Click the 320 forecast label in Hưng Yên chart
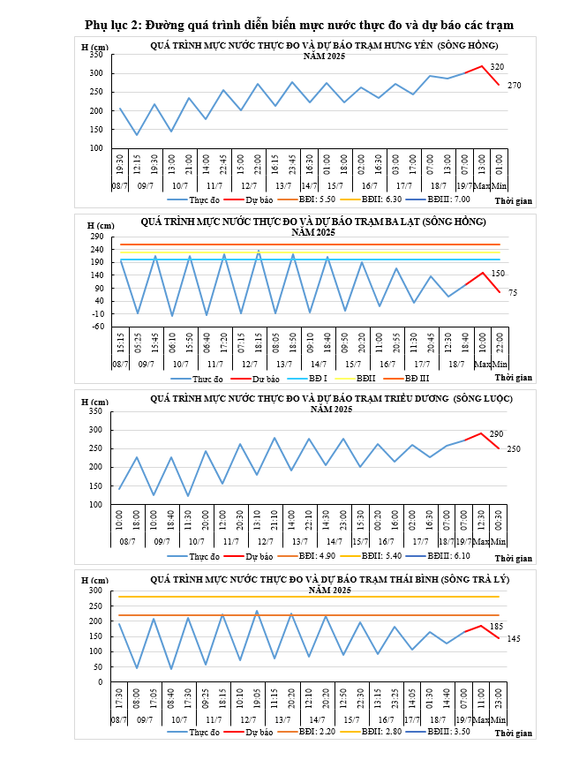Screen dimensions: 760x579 [497, 67]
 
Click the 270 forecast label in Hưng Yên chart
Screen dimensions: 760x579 [515, 85]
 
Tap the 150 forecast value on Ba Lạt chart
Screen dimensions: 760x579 [498, 274]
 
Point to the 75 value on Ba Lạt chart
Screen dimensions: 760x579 [514, 292]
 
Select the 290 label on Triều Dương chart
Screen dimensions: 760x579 [497, 434]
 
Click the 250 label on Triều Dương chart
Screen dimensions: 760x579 [514, 449]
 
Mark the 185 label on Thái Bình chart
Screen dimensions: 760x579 [496, 627]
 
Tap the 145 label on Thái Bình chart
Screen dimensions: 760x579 [514, 638]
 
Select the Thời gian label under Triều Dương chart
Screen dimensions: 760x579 [514, 558]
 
